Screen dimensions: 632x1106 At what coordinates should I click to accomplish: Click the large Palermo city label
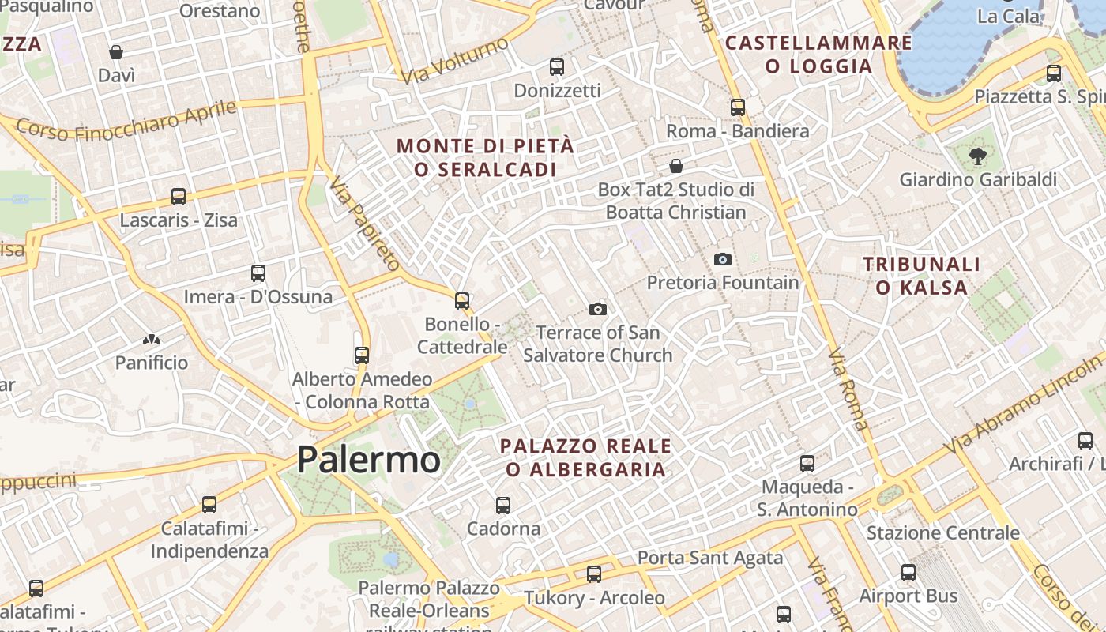point(368,459)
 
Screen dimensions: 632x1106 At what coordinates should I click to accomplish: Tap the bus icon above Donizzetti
point(557,67)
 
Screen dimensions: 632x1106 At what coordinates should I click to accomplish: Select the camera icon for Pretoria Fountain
point(722,259)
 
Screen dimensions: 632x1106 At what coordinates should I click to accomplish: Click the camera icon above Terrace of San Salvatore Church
point(598,309)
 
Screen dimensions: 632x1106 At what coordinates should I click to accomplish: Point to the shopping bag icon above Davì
point(116,52)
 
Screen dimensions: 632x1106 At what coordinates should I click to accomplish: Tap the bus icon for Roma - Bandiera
point(738,107)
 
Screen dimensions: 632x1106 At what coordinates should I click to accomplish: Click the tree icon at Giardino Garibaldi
point(978,156)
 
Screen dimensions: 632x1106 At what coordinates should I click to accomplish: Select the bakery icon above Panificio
point(152,340)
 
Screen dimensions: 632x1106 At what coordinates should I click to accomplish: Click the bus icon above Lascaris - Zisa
point(179,197)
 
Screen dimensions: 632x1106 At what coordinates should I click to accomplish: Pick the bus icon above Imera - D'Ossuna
point(258,273)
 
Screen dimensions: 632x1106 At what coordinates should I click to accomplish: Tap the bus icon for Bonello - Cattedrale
point(462,301)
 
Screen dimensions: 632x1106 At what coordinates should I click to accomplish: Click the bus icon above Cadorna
point(503,505)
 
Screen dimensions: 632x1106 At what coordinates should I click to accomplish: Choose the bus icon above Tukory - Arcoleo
point(594,574)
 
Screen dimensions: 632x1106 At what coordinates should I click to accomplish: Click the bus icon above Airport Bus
point(908,573)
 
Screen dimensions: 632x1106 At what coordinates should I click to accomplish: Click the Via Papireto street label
point(365,224)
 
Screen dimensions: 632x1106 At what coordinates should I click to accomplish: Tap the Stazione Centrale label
point(942,532)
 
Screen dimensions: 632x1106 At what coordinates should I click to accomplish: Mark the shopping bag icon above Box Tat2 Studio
point(676,166)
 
